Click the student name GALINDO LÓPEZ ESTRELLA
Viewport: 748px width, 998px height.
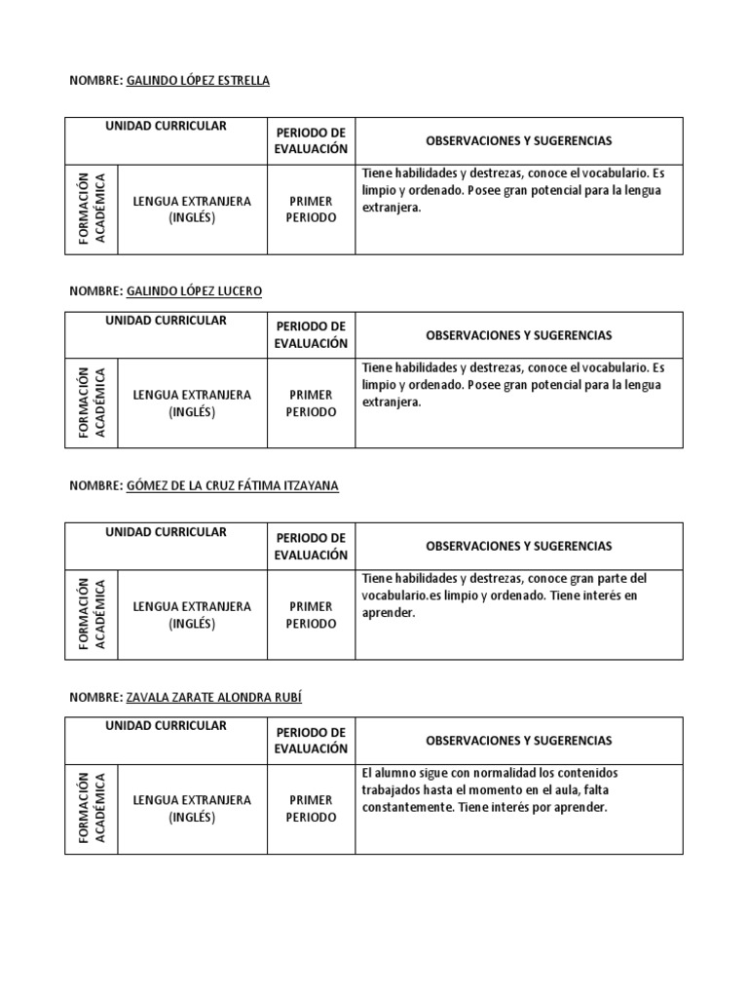198,81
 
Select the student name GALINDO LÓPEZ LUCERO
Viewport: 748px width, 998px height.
194,291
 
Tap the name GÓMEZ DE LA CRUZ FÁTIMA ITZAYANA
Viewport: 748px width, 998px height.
233,485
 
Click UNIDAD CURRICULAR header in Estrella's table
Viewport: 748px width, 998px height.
167,127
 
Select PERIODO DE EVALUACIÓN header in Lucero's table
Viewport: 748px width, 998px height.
311,335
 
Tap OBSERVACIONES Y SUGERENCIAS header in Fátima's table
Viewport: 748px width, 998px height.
519,546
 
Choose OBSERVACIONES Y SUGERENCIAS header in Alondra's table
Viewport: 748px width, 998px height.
519,741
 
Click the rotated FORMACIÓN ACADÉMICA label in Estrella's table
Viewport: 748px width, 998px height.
91,209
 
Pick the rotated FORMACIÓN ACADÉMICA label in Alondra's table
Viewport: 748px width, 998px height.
91,808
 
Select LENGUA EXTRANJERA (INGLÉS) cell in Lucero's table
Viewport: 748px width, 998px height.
192,403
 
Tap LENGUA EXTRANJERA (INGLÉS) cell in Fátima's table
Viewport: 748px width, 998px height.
192,615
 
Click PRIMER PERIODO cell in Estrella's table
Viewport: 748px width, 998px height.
311,210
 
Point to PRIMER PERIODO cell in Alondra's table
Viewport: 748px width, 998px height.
311,809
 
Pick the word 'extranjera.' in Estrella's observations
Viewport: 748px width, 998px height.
392,208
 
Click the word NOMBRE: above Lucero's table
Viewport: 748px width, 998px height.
95,291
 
